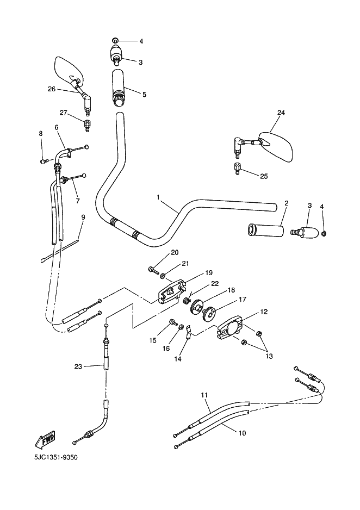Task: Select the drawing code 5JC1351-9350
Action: coord(56,457)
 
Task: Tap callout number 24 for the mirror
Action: coord(281,113)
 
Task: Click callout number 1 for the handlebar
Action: coord(158,197)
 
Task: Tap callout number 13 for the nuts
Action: coord(269,356)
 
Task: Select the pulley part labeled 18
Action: coord(196,307)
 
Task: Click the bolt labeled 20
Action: coord(153,269)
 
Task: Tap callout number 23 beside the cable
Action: coord(78,366)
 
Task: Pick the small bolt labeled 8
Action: coord(44,161)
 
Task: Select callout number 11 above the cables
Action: coord(204,395)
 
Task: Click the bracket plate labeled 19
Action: coord(171,291)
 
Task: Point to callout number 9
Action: coord(83,216)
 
